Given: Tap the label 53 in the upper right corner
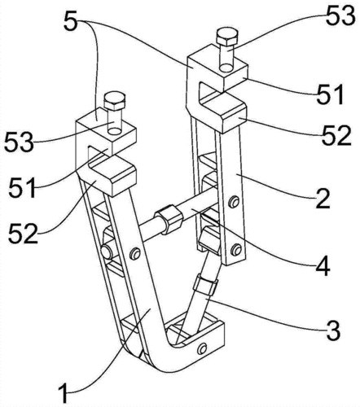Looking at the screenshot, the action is coord(340,15).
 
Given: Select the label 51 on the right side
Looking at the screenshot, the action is coord(330,94).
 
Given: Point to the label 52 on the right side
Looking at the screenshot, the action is coord(336,135).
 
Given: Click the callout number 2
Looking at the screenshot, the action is coord(323,199).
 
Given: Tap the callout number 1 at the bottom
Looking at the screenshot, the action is coord(64,393).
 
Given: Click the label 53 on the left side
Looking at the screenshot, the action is coord(19,142).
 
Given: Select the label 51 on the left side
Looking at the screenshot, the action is coord(23,187).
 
